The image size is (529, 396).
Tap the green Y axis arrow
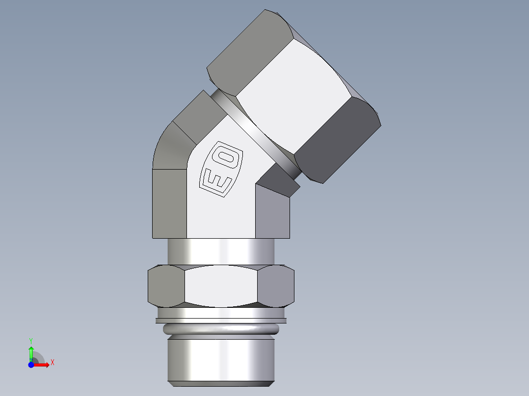31,352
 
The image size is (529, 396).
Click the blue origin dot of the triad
31,365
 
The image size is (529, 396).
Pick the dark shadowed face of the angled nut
339,140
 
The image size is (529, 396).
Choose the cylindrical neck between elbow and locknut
221,251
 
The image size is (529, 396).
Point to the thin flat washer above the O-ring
221,321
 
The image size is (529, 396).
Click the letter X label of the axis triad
52,363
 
